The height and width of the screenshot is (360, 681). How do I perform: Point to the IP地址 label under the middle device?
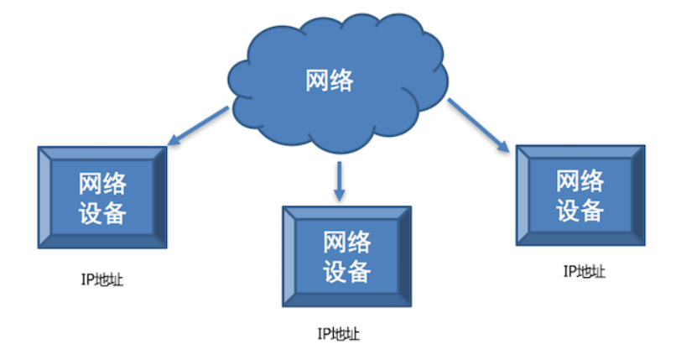(x=340, y=333)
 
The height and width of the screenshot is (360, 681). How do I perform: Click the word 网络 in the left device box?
(x=102, y=183)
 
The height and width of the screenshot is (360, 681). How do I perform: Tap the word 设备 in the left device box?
(x=102, y=212)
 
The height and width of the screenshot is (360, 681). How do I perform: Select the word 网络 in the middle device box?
(x=346, y=243)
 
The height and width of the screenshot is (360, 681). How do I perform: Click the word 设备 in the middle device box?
(x=346, y=272)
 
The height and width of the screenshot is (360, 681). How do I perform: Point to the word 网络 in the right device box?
(x=580, y=179)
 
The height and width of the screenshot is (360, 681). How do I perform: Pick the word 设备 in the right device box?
(x=580, y=208)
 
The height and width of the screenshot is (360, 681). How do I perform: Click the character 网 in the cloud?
(x=315, y=81)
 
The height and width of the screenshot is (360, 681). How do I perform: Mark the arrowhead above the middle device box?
(x=339, y=195)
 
